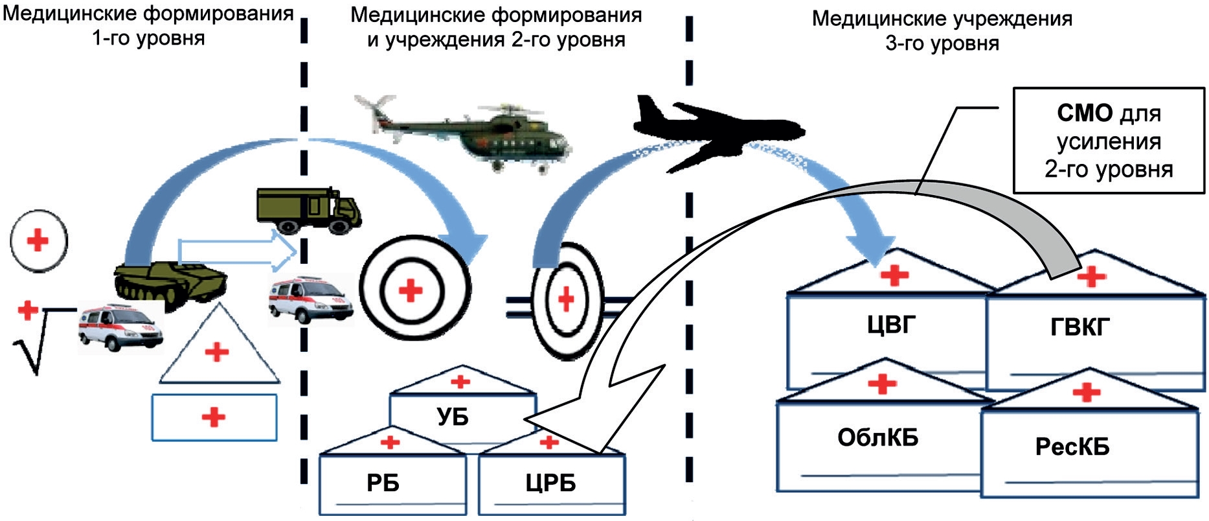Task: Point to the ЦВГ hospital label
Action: [891, 324]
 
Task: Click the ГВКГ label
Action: [1079, 327]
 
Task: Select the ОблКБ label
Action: [877, 438]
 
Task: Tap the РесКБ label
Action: [1072, 446]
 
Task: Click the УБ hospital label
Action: [453, 417]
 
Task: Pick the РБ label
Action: [383, 483]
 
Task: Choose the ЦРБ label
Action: [550, 483]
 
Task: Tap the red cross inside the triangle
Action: [216, 353]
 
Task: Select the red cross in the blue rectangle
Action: [213, 417]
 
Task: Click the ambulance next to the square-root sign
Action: [119, 328]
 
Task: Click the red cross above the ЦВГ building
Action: [894, 275]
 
